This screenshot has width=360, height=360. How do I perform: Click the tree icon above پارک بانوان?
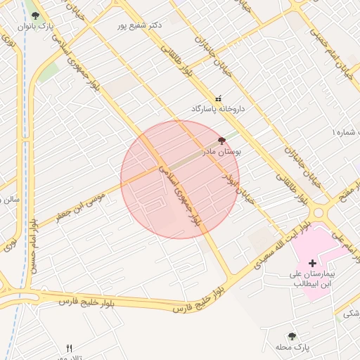[x=36, y=15]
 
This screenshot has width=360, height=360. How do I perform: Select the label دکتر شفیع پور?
[x=141, y=25]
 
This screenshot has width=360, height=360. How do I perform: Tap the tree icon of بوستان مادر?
[x=221, y=141]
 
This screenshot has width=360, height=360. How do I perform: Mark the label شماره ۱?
[x=345, y=131]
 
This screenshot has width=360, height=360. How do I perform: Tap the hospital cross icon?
[x=312, y=263]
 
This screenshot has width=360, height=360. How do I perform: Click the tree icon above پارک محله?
[x=292, y=337]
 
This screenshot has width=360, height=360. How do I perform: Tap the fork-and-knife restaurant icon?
[x=69, y=347]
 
